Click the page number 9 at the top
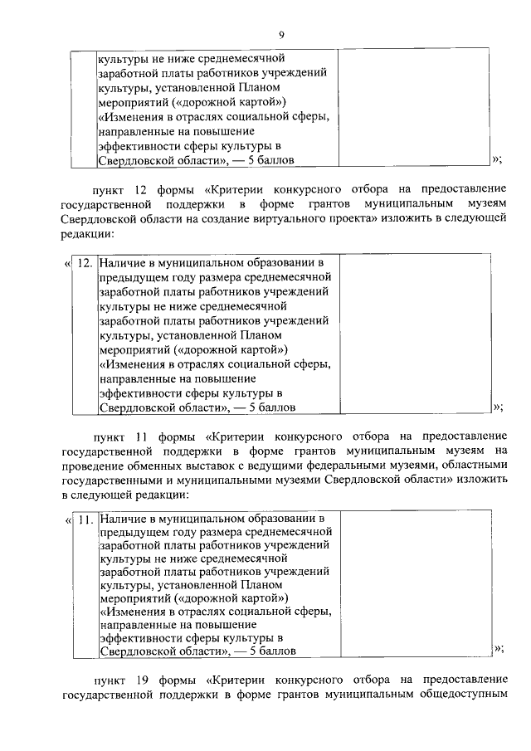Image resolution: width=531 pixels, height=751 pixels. point(281,34)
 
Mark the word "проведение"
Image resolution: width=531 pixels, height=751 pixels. point(93,466)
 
